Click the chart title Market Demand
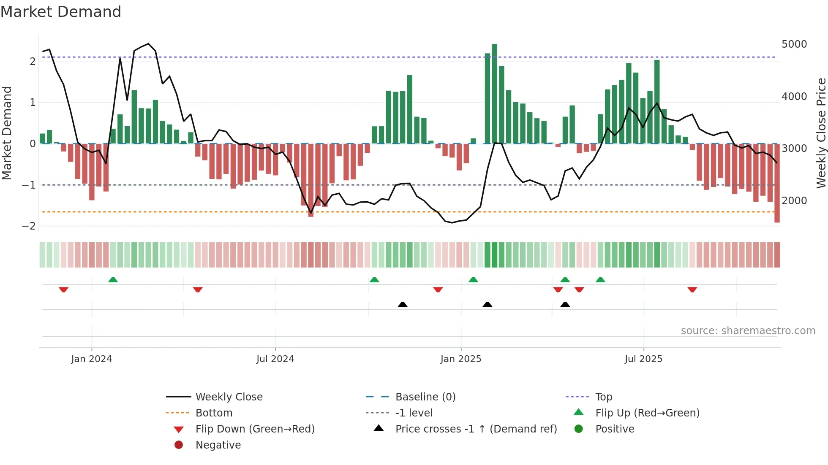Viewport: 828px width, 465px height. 61,12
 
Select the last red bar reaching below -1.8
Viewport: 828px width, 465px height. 777,184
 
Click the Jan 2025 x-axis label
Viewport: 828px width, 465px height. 460,359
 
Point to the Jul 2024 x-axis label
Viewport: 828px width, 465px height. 275,359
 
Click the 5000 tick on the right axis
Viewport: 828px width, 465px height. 794,44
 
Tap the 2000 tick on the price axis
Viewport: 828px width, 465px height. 794,201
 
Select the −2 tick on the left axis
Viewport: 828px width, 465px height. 29,226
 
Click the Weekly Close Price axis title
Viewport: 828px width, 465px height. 821,133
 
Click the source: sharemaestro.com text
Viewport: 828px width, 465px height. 748,331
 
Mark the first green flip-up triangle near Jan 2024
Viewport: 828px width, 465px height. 113,280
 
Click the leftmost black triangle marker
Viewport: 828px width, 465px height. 403,304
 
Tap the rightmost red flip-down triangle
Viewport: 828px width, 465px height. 692,289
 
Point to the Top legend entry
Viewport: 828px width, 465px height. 604,397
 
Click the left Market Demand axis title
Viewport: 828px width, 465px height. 7,133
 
